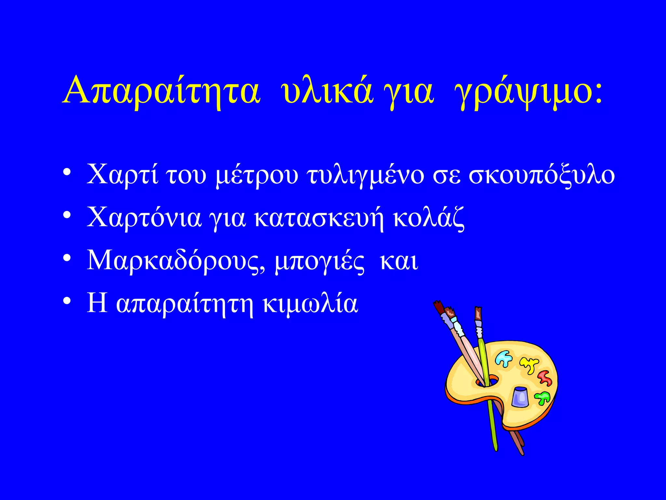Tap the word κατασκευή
click(319, 218)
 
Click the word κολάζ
click(428, 218)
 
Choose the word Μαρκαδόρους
click(176, 261)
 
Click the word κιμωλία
click(310, 303)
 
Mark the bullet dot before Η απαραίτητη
click(67, 301)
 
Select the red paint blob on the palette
click(544, 378)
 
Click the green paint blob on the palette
click(542, 397)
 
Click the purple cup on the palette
click(520, 396)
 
